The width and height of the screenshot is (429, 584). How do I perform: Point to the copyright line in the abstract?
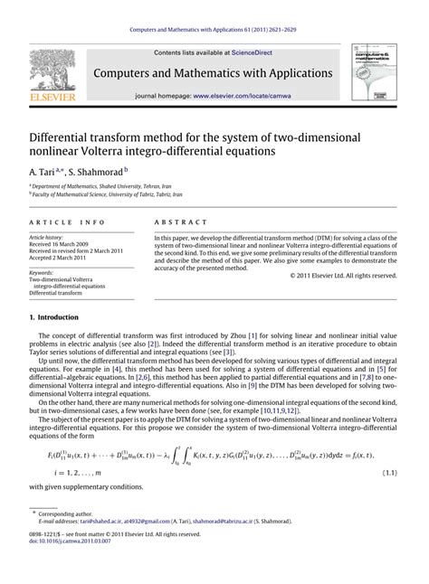click(x=343, y=275)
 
